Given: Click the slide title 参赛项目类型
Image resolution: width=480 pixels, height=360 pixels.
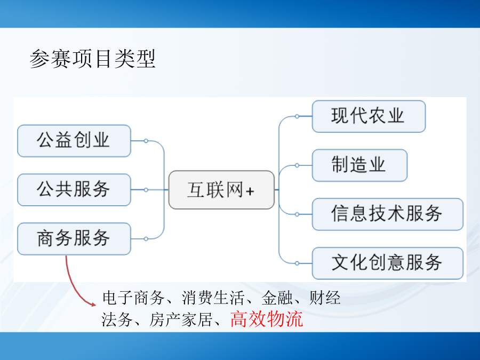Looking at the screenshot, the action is (x=92, y=59).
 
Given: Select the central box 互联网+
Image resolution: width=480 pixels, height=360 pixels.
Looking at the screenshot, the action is (x=221, y=190).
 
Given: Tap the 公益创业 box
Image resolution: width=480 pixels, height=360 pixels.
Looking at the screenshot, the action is (x=74, y=141).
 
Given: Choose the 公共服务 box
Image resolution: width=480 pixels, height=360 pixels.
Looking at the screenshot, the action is (x=74, y=190).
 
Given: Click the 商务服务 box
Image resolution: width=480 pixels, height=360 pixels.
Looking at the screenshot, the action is (x=74, y=239).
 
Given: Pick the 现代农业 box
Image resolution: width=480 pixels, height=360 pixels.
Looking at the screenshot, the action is (x=369, y=116).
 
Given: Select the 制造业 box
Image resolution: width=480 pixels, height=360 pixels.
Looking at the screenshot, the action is (x=359, y=165).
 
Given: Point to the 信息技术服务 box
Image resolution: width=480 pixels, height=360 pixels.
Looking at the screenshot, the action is (x=387, y=214).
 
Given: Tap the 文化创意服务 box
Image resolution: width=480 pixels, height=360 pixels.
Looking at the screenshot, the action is (x=387, y=263).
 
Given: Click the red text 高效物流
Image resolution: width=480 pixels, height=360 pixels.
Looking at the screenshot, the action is (x=267, y=319).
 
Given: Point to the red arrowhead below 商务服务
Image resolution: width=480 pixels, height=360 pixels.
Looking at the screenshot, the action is (x=93, y=303).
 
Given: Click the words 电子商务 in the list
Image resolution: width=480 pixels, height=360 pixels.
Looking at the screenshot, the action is (x=133, y=298).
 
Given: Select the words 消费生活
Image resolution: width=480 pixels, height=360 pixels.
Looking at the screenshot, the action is (x=213, y=298).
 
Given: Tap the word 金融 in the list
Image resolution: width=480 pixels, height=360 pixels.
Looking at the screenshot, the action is (x=277, y=298).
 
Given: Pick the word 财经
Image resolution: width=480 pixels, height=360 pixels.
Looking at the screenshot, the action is (x=325, y=298).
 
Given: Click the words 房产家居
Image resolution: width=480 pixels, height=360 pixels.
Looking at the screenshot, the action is (x=181, y=319).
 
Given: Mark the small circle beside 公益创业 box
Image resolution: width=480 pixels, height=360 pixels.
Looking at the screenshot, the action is (x=146, y=141).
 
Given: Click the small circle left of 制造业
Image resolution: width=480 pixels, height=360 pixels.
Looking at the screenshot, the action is (x=297, y=165).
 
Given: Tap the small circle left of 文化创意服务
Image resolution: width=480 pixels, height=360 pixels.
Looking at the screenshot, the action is (x=297, y=263).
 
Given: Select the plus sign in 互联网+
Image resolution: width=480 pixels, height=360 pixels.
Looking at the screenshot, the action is (x=250, y=191).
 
